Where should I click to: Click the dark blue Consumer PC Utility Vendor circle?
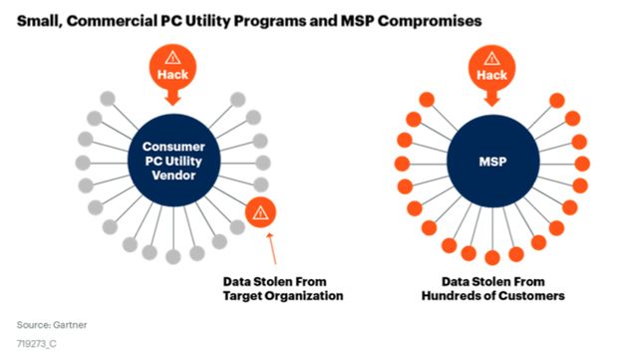(173, 161)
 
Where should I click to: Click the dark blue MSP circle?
(493, 162)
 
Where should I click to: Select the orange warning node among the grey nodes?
(260, 212)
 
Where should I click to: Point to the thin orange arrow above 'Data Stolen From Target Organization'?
(272, 248)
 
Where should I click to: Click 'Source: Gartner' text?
(52, 325)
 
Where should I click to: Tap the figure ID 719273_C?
(37, 344)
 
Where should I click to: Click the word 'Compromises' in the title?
(430, 21)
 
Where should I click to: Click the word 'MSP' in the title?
(358, 21)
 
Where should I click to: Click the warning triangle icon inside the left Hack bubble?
(172, 58)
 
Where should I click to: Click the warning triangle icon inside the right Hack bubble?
(491, 59)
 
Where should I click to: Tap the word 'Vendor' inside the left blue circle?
(173, 176)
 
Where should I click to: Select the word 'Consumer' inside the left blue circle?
(173, 147)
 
